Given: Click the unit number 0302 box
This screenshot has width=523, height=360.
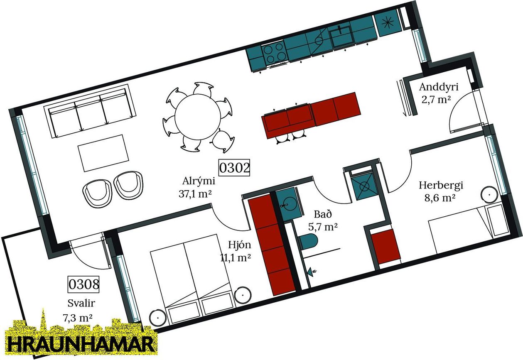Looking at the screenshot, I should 234,168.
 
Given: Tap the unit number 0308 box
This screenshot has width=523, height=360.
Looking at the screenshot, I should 84,284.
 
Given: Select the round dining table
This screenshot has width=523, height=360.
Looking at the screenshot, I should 198,116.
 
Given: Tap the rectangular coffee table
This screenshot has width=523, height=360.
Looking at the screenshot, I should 104,152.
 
